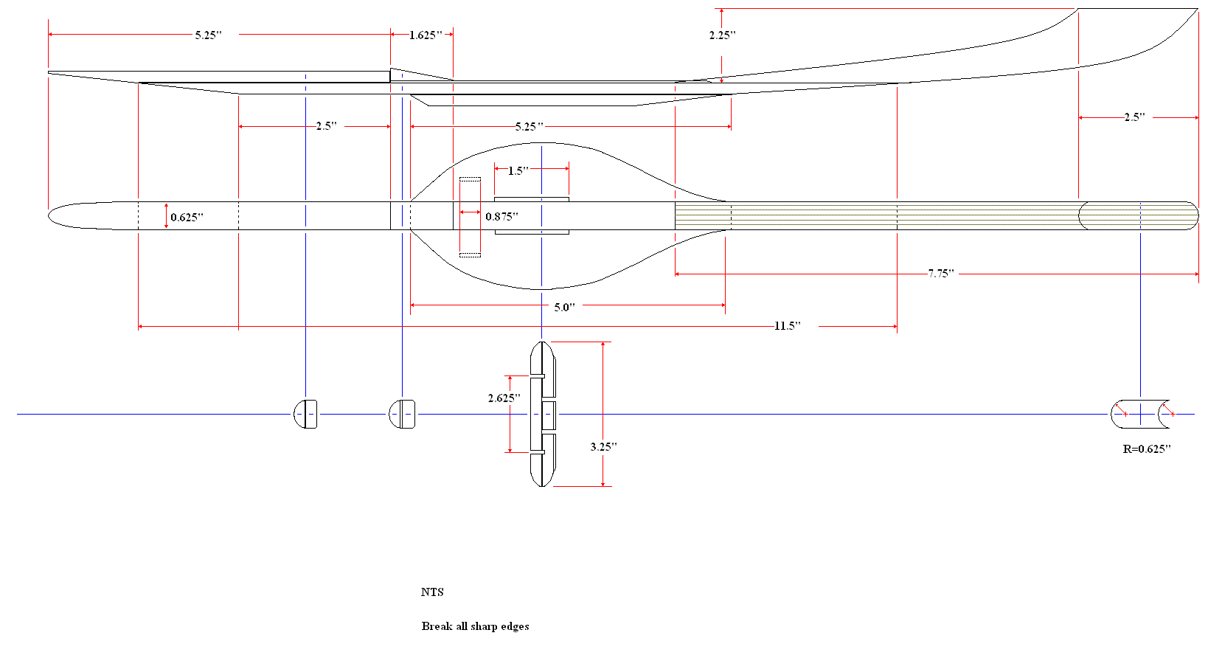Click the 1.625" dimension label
(x=426, y=35)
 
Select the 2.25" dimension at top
(x=722, y=35)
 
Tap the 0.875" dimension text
(x=501, y=216)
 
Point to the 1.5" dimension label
(x=518, y=170)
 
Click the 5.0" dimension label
(x=564, y=307)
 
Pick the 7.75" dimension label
(x=940, y=274)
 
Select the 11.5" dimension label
(x=787, y=325)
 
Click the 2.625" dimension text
(x=504, y=398)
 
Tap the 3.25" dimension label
(x=603, y=446)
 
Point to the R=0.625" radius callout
(x=1147, y=449)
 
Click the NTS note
(x=432, y=592)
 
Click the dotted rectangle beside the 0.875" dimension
(x=470, y=217)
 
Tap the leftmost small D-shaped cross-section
(x=305, y=414)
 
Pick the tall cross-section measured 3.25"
(x=543, y=414)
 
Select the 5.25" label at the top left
(x=208, y=35)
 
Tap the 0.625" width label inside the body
(x=187, y=217)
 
